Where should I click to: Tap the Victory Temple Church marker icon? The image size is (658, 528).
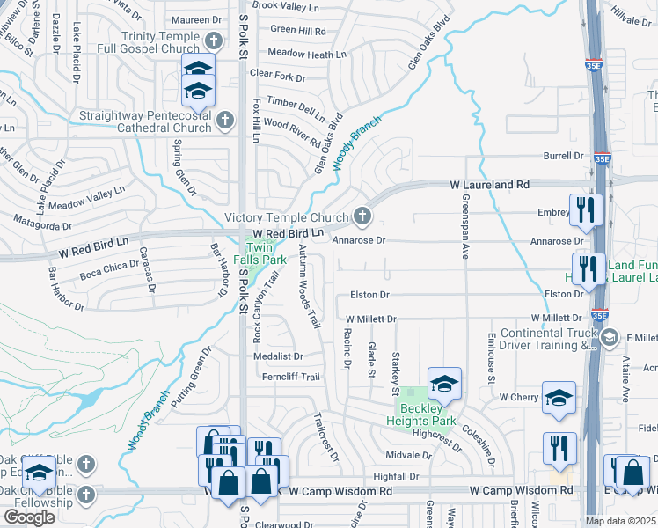(362, 216)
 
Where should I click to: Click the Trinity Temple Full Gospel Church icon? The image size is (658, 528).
(213, 41)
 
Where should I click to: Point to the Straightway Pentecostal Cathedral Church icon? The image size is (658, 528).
(224, 120)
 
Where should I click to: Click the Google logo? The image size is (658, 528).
(29, 517)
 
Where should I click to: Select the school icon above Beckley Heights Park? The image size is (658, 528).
(444, 383)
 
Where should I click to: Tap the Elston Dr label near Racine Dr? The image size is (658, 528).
(369, 295)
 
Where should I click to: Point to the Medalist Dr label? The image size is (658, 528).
(278, 356)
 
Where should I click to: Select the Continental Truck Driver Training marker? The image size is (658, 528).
(609, 337)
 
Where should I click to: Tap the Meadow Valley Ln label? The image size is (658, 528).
(87, 203)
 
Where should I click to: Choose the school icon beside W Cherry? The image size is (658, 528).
(559, 397)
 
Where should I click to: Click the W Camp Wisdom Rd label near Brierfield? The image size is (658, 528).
(521, 490)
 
